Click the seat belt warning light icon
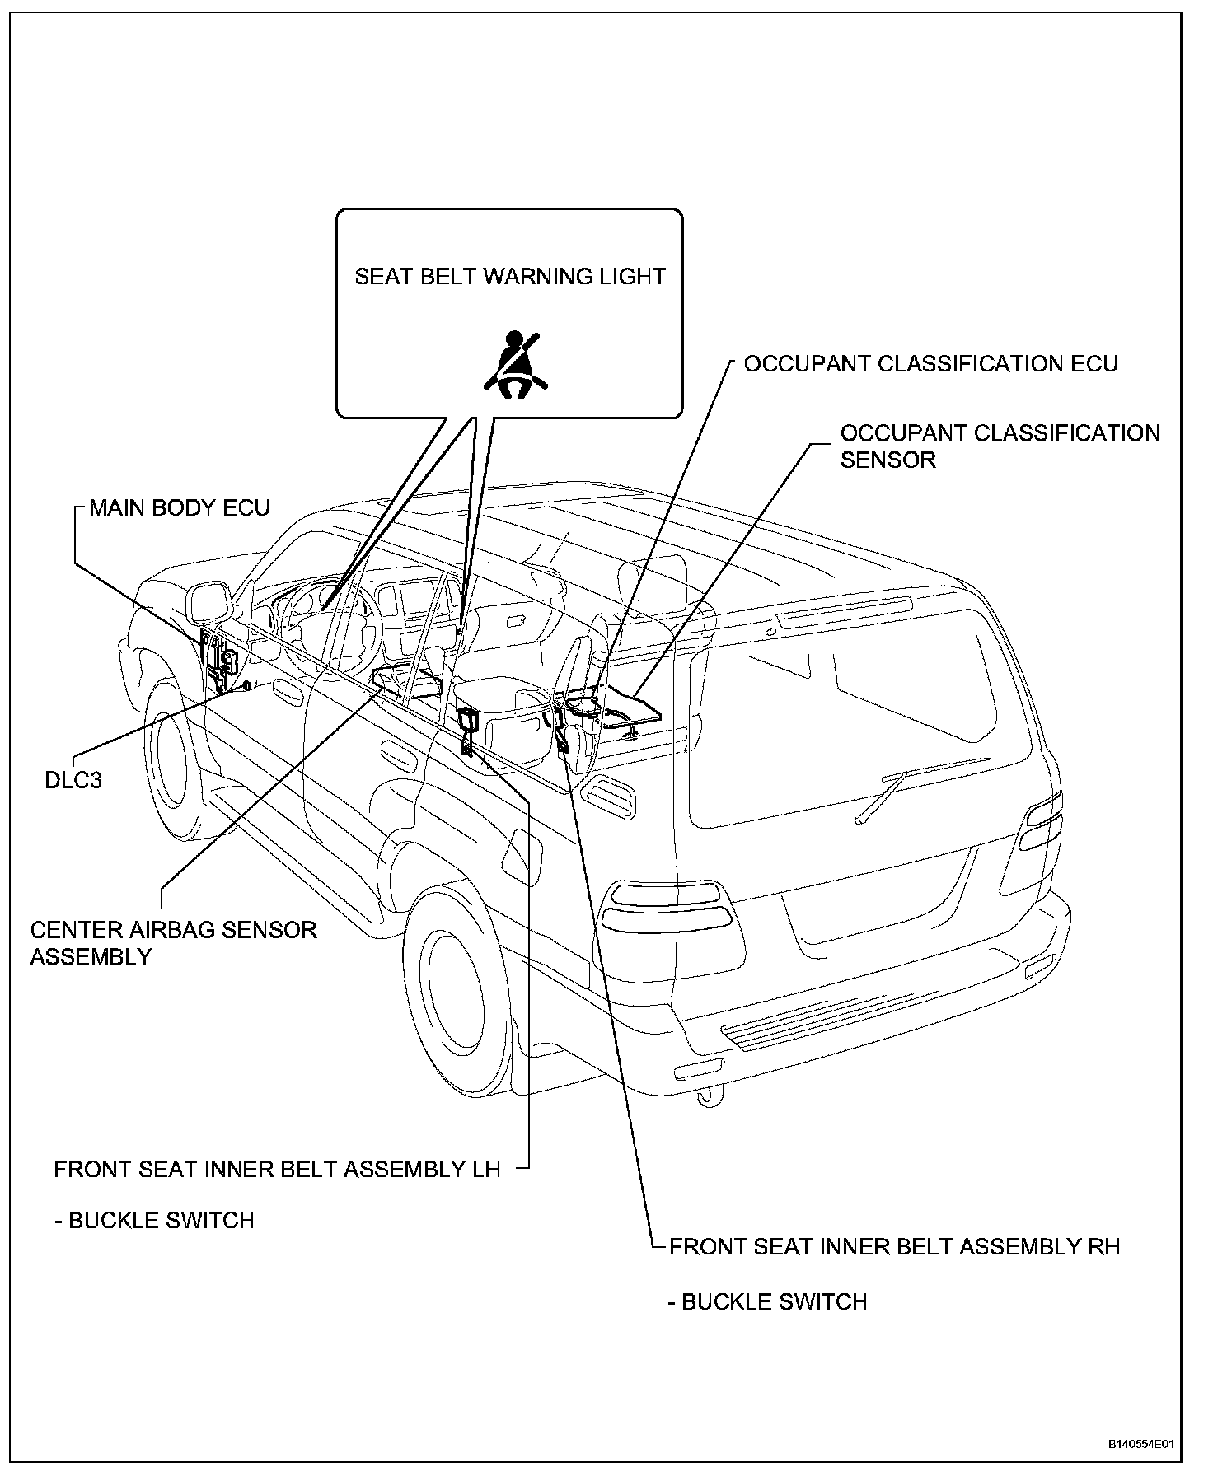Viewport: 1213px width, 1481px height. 515,365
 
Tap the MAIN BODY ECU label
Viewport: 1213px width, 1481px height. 179,507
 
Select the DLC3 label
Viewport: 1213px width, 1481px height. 73,779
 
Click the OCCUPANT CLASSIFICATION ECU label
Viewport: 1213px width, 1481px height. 930,364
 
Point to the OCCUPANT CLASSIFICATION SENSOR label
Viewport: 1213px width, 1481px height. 999,446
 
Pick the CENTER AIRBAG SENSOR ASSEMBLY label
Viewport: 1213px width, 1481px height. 173,942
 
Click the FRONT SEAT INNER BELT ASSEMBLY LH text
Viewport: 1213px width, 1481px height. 277,1169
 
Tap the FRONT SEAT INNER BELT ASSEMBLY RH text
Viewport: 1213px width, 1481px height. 894,1245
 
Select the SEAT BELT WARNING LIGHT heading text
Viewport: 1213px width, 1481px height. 509,277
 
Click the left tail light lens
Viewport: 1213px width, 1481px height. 665,923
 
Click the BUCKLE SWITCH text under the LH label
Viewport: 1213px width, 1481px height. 154,1220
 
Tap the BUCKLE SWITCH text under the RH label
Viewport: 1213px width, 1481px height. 767,1301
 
